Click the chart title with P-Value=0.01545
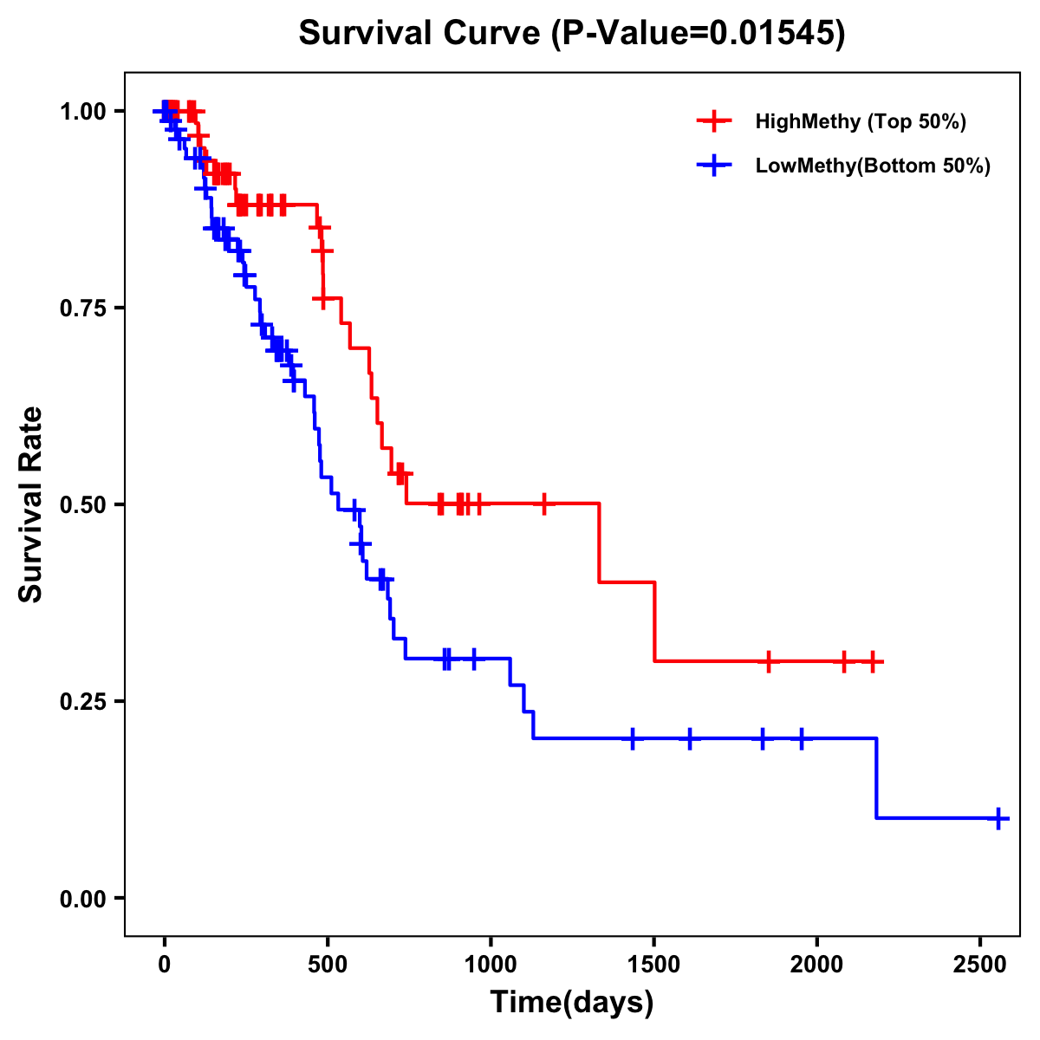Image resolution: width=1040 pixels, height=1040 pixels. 571,33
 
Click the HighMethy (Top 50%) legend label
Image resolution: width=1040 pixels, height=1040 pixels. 861,121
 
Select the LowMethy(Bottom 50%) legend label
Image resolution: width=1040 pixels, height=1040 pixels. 873,166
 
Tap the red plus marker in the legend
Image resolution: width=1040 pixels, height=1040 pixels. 713,121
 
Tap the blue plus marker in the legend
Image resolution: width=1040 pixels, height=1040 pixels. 713,166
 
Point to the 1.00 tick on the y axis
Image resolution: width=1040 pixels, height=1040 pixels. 81,111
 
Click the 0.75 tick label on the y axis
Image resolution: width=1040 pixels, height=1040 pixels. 81,308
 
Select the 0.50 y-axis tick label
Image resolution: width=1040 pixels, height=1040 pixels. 81,504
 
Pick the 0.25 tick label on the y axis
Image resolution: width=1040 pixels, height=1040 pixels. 81,701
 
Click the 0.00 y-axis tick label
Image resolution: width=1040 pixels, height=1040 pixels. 81,898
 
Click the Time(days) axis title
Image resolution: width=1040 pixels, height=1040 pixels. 572,1003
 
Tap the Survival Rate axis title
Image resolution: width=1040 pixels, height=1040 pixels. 31,504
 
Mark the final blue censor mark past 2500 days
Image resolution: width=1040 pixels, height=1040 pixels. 998,817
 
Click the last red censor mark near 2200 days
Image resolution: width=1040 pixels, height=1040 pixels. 873,661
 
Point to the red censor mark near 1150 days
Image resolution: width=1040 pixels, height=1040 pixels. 543,504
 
